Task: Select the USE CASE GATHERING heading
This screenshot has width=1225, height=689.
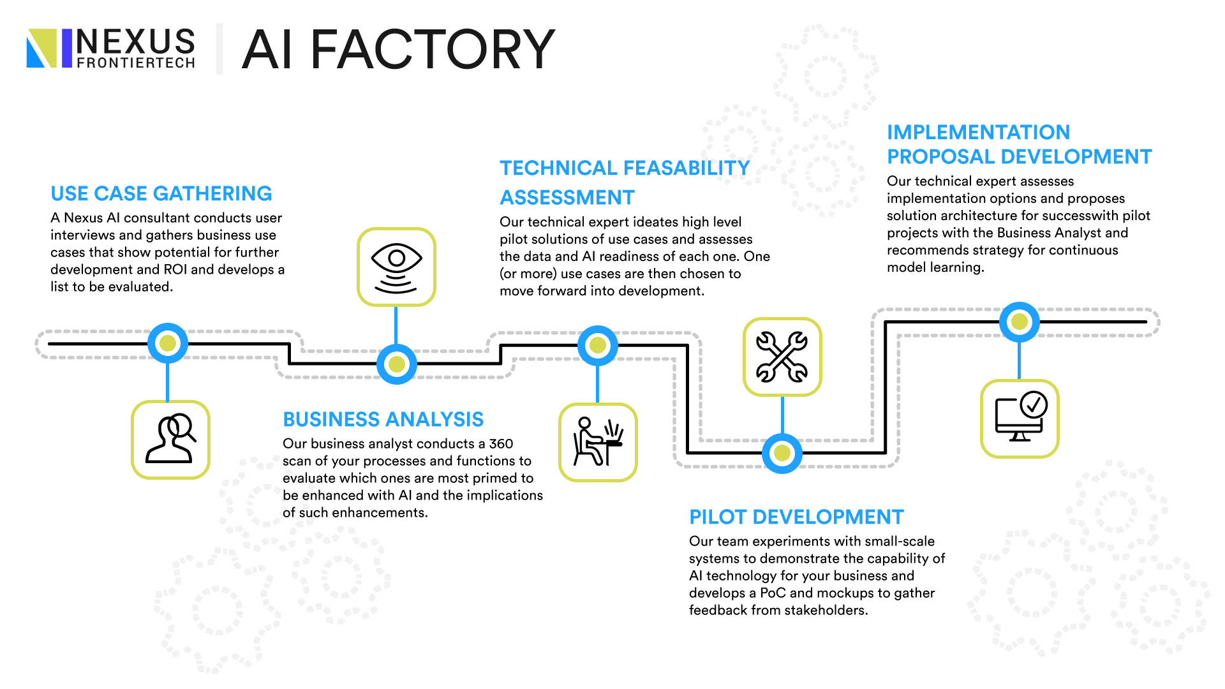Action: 161,193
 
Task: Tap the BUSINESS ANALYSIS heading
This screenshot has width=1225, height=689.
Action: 383,419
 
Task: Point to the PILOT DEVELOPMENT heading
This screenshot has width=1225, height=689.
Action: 796,517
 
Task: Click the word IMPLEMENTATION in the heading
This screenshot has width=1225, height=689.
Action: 979,132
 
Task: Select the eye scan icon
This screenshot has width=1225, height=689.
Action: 396,267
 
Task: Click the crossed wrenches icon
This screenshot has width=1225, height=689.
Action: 782,357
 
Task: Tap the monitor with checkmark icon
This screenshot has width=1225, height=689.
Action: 1020,419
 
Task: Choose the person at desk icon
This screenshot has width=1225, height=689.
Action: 598,442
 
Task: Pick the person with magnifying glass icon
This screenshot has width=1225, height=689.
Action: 170,440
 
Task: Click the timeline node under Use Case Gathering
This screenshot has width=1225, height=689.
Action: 168,343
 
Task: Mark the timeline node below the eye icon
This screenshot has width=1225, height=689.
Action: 397,364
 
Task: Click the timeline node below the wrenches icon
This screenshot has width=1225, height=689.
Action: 782,454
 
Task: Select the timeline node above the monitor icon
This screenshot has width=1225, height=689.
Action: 1020,322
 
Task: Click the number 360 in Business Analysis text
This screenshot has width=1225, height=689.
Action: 501,443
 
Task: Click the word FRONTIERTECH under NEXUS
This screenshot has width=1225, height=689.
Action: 136,63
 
